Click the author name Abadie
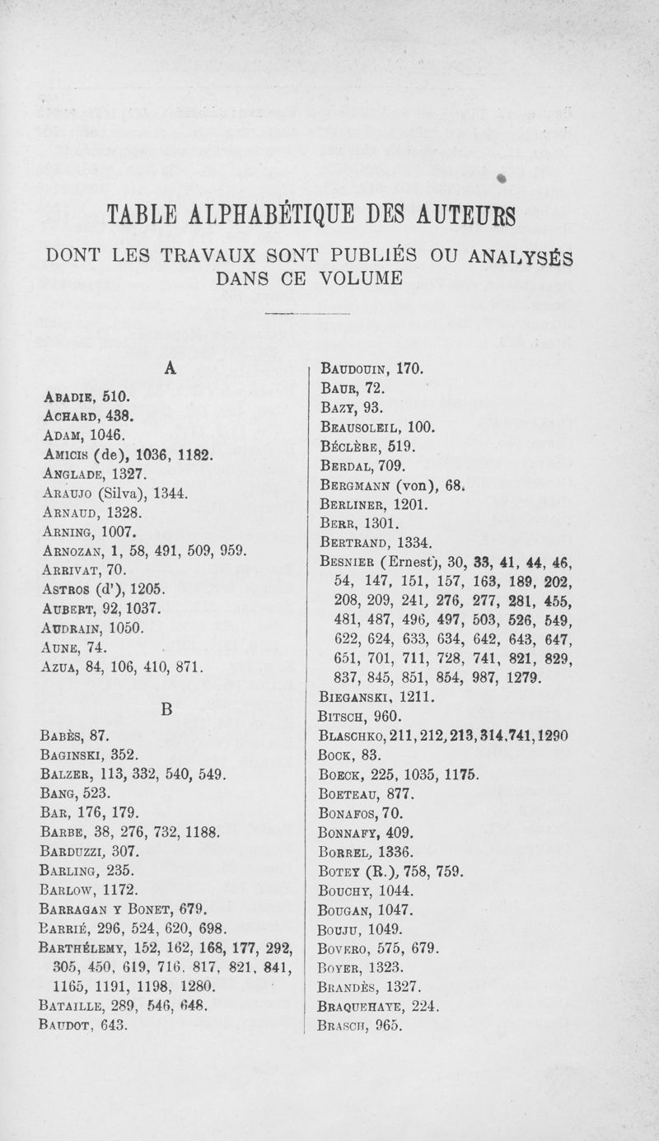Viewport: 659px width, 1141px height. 67,396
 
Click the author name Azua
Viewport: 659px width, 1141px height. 58,666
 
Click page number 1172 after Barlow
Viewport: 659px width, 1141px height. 119,890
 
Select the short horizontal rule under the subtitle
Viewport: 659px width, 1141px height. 309,315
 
